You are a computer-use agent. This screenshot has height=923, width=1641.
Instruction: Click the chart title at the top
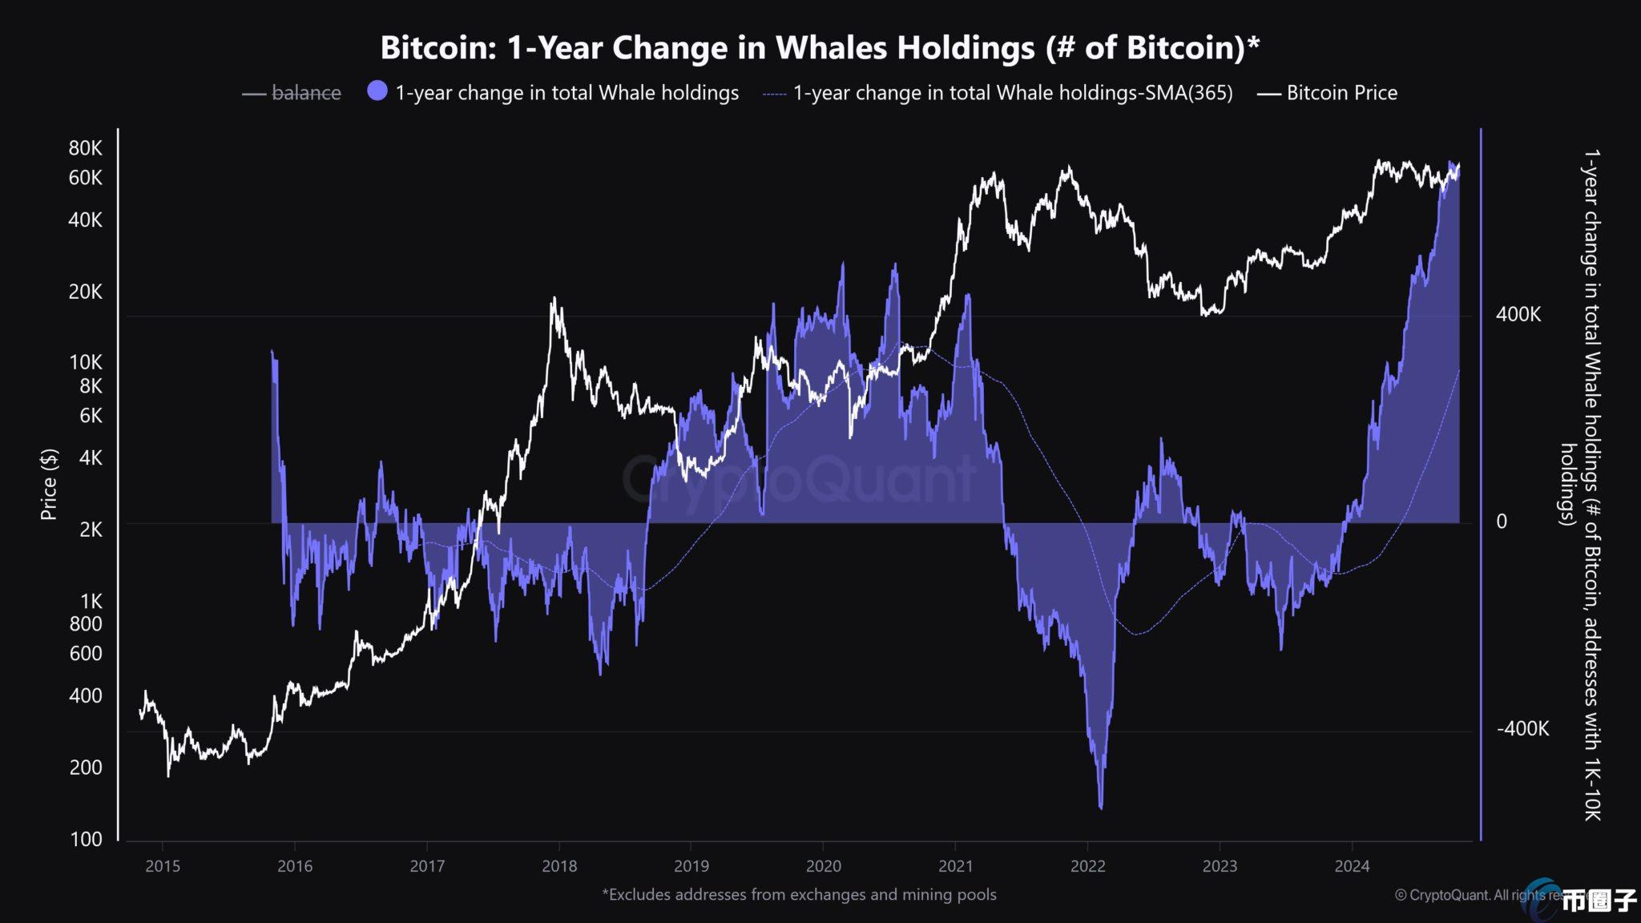(x=820, y=48)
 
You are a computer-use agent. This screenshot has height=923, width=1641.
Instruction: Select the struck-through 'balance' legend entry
(x=306, y=93)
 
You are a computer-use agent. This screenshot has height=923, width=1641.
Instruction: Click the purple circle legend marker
(x=377, y=92)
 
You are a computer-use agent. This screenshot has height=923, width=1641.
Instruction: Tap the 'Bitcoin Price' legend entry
(x=1341, y=93)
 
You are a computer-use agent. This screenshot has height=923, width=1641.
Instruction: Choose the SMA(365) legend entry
(x=1012, y=93)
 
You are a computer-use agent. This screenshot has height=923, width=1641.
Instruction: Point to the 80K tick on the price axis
(x=86, y=148)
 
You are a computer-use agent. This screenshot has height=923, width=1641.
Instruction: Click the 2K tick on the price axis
(x=91, y=530)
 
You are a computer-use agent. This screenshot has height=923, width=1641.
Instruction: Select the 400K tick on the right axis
(x=1518, y=314)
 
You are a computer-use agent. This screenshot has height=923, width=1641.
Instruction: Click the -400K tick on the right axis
(x=1522, y=729)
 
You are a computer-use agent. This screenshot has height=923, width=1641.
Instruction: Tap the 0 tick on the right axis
(x=1502, y=522)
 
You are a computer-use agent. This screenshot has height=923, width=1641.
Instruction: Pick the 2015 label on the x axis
(x=162, y=866)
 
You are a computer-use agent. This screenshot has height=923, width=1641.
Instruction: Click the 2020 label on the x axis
(x=823, y=866)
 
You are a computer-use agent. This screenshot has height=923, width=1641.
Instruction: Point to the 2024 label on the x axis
(x=1352, y=866)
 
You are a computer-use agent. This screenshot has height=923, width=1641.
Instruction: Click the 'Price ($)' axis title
(x=50, y=484)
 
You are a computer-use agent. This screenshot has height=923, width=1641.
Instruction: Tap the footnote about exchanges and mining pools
(x=799, y=895)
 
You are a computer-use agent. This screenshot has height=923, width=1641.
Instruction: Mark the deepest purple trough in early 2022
(x=1101, y=805)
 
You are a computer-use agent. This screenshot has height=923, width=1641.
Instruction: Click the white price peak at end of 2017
(x=553, y=300)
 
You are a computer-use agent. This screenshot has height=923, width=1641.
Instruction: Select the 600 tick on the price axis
(x=86, y=654)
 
